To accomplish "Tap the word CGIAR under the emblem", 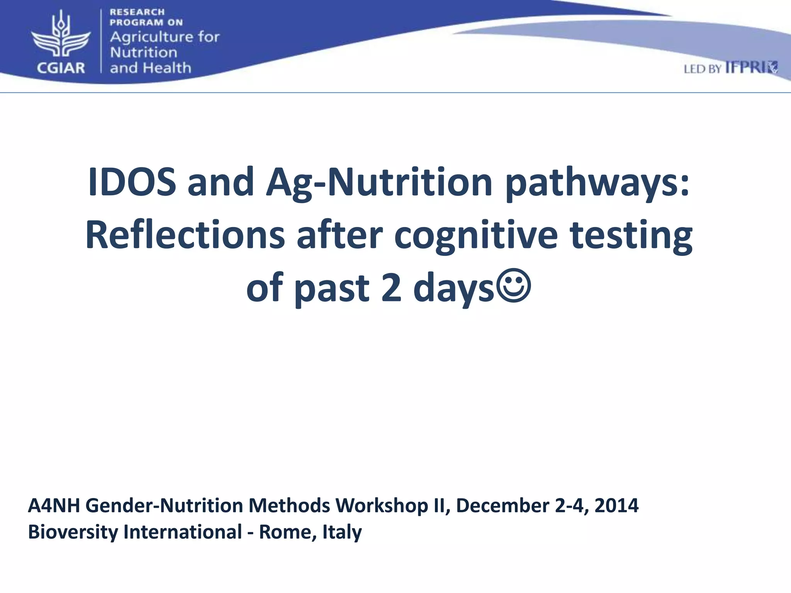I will pyautogui.click(x=61, y=68).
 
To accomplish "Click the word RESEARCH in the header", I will pyautogui.click(x=137, y=12).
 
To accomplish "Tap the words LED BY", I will pyautogui.click(x=703, y=69).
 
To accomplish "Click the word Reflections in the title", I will pyautogui.click(x=185, y=236).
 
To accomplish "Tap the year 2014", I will pyautogui.click(x=616, y=506).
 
